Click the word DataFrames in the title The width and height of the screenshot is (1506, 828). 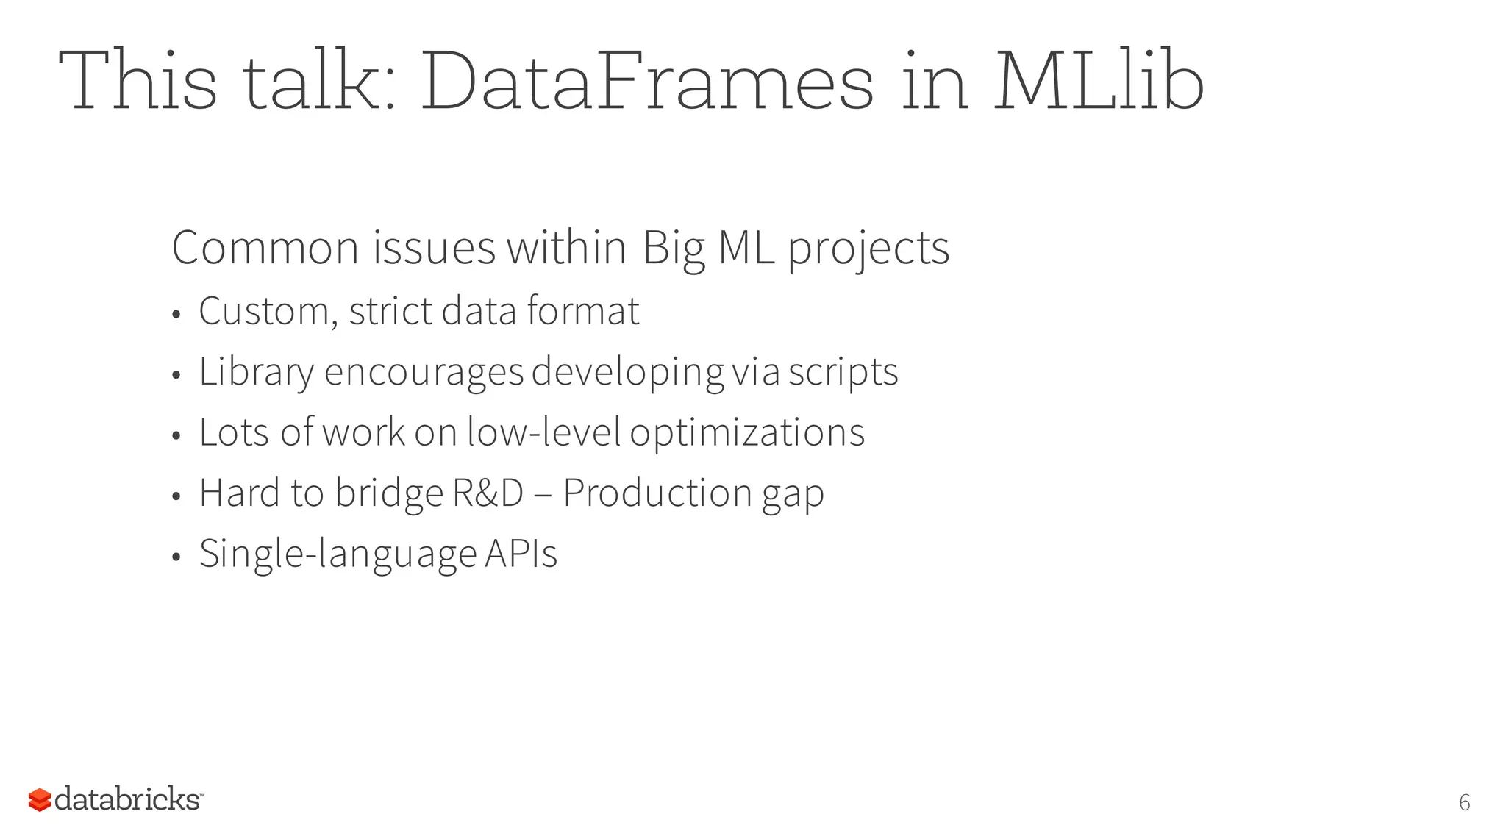click(647, 81)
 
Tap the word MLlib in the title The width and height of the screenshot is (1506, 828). click(1099, 81)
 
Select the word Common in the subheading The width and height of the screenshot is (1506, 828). click(265, 248)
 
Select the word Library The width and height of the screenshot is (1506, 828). click(257, 372)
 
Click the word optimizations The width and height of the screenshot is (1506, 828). click(747, 432)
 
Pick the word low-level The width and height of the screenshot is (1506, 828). click(544, 432)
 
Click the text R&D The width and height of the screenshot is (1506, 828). click(488, 493)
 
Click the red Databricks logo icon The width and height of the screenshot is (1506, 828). click(40, 800)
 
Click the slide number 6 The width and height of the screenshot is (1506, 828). click(1464, 802)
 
